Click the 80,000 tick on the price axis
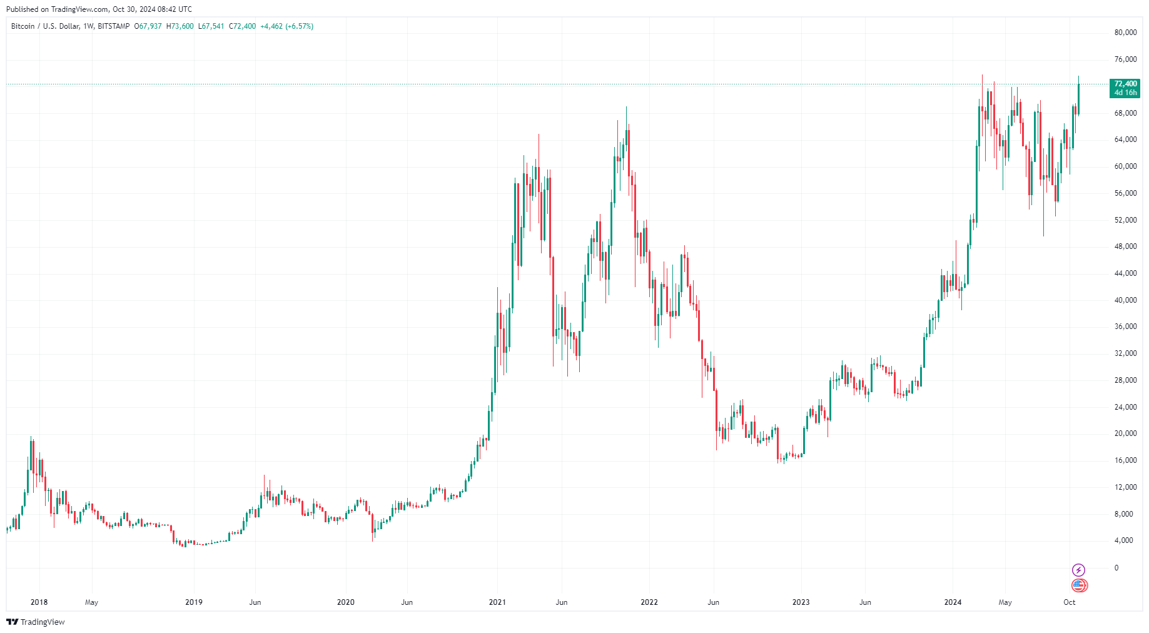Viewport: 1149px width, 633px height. point(1125,33)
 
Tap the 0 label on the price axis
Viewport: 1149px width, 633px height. point(1116,568)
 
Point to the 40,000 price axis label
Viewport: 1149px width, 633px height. point(1125,300)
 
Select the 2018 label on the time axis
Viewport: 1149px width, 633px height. point(39,602)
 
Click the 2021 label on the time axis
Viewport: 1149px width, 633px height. point(497,602)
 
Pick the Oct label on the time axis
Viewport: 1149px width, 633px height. point(1070,602)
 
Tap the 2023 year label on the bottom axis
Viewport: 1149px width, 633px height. point(801,602)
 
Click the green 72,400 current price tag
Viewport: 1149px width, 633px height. point(1125,88)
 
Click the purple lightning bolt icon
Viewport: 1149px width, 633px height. point(1079,570)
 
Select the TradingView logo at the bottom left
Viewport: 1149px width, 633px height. point(36,622)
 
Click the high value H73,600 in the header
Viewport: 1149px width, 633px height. point(180,26)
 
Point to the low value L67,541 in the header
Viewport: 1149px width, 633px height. point(211,26)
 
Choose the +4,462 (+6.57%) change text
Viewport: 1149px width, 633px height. point(286,26)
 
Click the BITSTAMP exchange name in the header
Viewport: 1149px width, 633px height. point(114,26)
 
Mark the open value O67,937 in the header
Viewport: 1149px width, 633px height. point(148,26)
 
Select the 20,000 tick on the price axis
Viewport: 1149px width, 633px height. point(1125,433)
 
